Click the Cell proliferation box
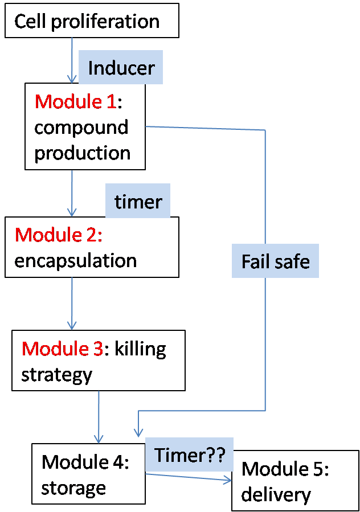91,21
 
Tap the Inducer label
121,68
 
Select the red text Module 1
75,101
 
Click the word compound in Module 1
81,127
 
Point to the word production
82,153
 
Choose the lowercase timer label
138,202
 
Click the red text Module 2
58,235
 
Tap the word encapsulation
75,260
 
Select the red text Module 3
63,349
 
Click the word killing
140,349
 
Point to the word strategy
56,374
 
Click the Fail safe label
275,261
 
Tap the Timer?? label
190,456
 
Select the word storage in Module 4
73,488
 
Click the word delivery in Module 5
276,494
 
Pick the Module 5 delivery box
295,481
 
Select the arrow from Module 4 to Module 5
188,477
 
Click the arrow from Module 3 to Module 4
99,416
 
